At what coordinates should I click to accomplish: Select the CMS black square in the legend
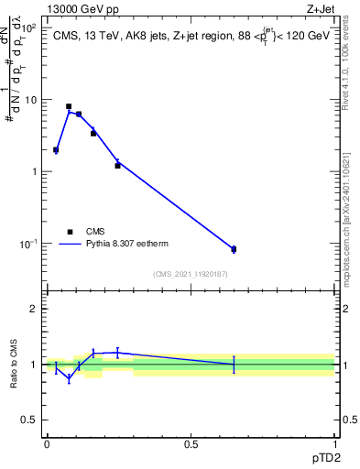tap(70, 232)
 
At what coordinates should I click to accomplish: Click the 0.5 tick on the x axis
tap(191, 443)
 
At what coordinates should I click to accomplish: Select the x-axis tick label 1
tap(335, 443)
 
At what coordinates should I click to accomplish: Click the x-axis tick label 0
tap(47, 443)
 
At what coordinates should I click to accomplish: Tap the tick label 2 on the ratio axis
tap(35, 309)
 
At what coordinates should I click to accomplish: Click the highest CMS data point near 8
tap(69, 106)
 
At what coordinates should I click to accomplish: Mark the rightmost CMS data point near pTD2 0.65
tap(234, 249)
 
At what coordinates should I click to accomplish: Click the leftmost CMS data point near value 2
tap(56, 149)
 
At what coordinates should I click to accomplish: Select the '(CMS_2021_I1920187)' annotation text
tap(191, 274)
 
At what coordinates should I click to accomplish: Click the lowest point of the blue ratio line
tap(69, 377)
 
